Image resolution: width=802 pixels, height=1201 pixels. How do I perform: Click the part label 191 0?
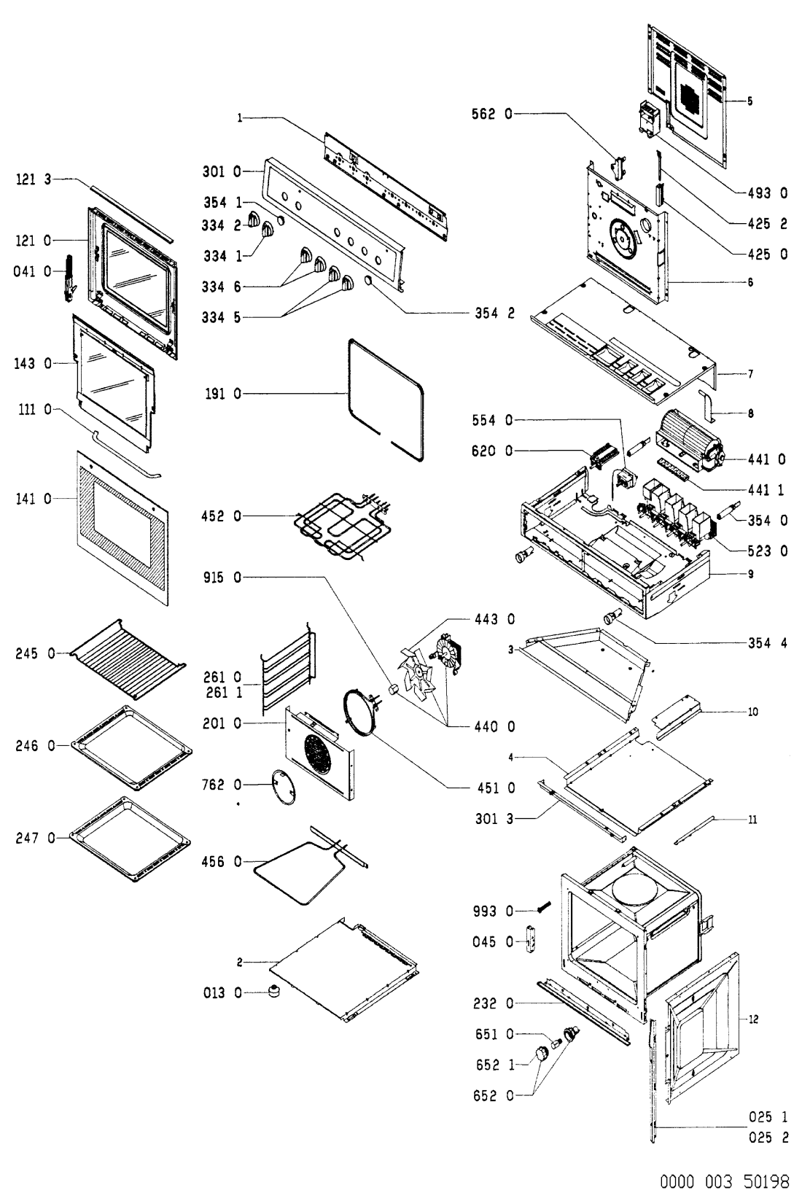click(223, 394)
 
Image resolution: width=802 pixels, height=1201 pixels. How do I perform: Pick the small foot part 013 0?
click(275, 992)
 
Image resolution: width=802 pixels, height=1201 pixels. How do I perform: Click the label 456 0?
click(223, 862)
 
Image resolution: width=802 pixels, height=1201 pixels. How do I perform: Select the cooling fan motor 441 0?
click(691, 440)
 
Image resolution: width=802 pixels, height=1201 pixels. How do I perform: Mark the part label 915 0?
click(223, 578)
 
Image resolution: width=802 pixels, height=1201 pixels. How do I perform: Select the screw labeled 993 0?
click(542, 908)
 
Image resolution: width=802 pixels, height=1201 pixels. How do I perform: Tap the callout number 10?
click(753, 711)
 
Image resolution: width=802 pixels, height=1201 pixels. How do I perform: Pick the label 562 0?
click(495, 113)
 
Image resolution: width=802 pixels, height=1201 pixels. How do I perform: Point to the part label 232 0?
click(495, 1003)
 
